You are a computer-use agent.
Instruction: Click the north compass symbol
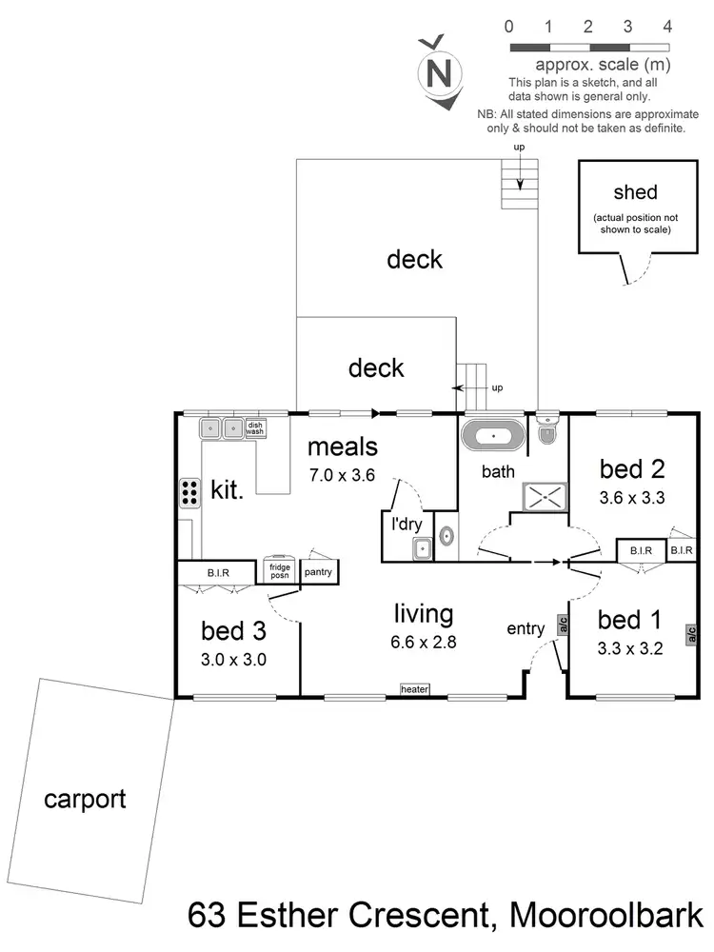438,70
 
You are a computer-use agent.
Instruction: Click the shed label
635,192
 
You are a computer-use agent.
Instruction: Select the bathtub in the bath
492,439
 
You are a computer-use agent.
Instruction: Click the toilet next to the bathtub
547,432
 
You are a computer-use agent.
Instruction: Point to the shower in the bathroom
545,496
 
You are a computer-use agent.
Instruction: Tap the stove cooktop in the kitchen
189,491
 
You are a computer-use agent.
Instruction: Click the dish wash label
255,428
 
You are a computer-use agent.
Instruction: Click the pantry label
317,572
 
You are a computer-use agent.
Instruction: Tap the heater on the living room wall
415,689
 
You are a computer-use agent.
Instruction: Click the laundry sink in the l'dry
421,548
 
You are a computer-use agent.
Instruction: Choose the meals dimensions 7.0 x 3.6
342,473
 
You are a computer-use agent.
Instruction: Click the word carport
85,799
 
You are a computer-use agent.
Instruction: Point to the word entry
525,628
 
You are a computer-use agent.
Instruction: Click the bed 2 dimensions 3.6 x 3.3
631,496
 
